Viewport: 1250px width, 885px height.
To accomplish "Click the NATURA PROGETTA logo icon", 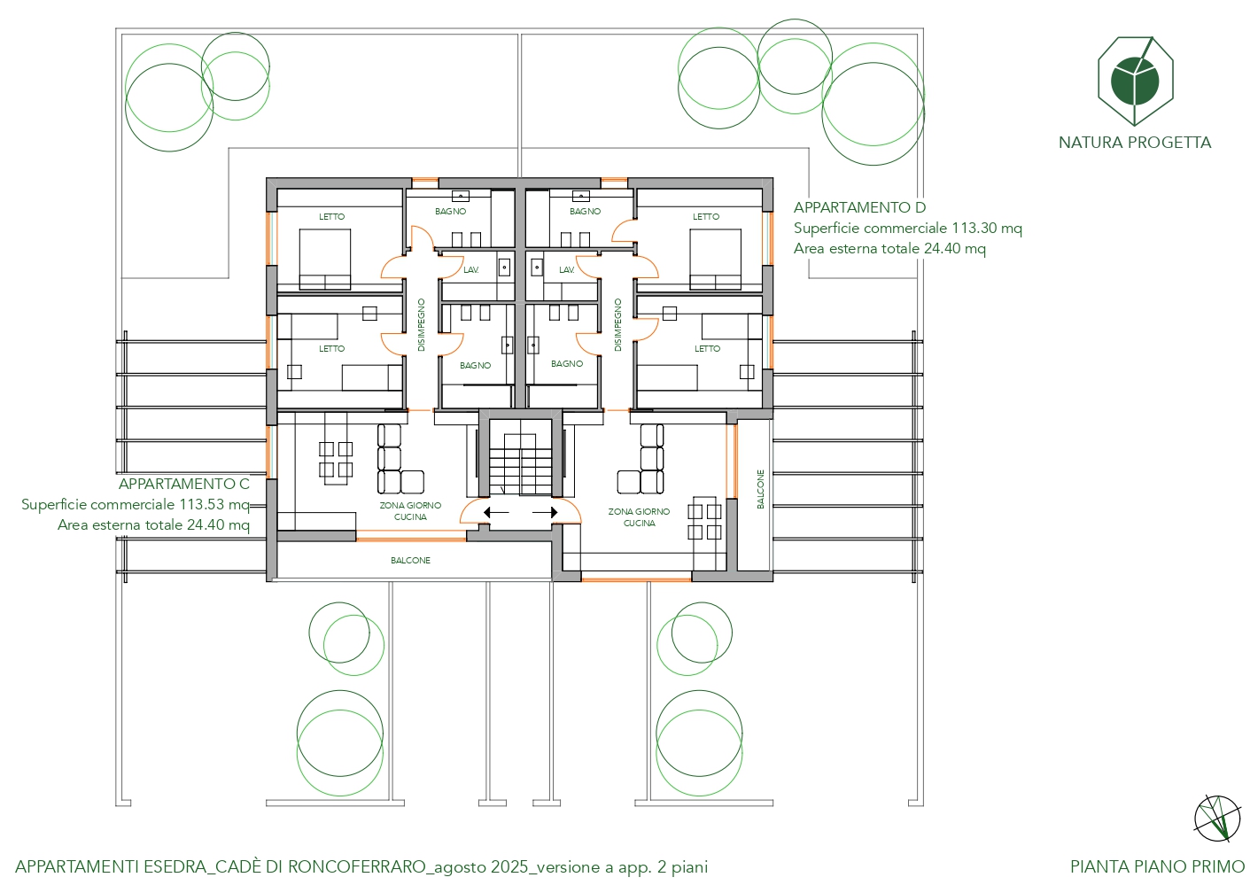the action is pyautogui.click(x=1136, y=81).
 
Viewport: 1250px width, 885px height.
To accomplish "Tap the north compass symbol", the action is pyautogui.click(x=1217, y=819).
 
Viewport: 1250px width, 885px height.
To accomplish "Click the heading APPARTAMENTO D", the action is pyautogui.click(x=859, y=207).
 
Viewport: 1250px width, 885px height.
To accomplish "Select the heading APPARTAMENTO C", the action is pyautogui.click(x=184, y=484).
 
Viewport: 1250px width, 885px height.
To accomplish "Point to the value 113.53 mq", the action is pyautogui.click(x=214, y=504).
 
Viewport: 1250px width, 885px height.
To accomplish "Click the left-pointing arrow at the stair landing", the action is pyautogui.click(x=496, y=512).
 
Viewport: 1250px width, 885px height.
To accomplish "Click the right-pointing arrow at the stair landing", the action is pyautogui.click(x=545, y=512).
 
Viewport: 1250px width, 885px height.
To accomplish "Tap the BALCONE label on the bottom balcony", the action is pyautogui.click(x=410, y=560).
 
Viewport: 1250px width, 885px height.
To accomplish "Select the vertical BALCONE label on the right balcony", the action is pyautogui.click(x=760, y=489).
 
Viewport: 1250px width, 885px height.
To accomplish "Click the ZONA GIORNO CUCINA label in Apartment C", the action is pyautogui.click(x=410, y=511).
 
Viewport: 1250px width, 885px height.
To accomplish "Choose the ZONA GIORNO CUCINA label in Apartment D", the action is pyautogui.click(x=639, y=517).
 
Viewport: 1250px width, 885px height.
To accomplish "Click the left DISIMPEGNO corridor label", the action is pyautogui.click(x=422, y=325).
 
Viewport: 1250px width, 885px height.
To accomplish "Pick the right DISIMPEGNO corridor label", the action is pyautogui.click(x=617, y=325).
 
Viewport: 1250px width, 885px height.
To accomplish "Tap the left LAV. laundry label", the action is pyautogui.click(x=471, y=270).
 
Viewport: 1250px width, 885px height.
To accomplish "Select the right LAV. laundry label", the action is pyautogui.click(x=567, y=270).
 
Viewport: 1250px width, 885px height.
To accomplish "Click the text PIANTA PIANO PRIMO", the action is pyautogui.click(x=1157, y=866).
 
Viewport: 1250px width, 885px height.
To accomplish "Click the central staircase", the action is pyautogui.click(x=520, y=458).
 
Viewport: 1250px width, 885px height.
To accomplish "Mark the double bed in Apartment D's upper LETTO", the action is pyautogui.click(x=716, y=259).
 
